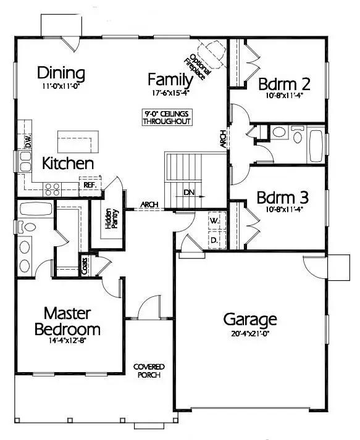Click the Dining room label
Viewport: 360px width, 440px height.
point(61,73)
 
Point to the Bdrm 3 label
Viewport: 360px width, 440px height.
point(283,199)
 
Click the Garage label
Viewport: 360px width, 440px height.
point(249,320)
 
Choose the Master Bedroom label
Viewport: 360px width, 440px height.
point(67,320)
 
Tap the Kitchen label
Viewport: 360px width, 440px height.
point(68,164)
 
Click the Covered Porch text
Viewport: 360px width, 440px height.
point(149,371)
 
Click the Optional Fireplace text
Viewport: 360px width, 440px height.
point(198,65)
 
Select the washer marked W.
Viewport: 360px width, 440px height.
point(214,220)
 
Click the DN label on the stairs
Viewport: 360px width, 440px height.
point(189,192)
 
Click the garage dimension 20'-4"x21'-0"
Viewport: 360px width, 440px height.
point(249,335)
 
